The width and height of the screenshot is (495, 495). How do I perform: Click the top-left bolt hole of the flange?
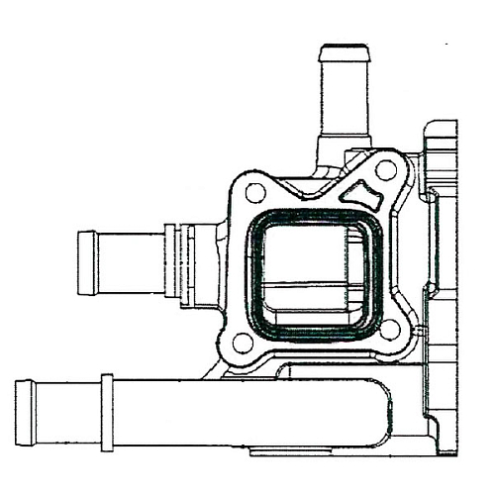click(254, 193)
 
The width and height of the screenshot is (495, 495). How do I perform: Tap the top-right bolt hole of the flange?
click(386, 170)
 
